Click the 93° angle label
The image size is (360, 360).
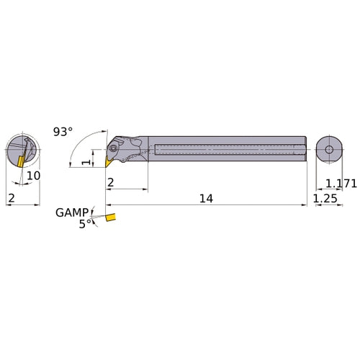pos(63,132)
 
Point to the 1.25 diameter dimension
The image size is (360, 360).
pos(328,197)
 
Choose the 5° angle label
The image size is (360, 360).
pos(85,224)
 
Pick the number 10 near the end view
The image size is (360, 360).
pos(33,175)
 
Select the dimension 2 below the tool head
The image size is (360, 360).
pos(111,183)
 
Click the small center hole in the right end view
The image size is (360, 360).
pos(329,150)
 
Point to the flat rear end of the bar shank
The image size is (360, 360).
pos(306,150)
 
